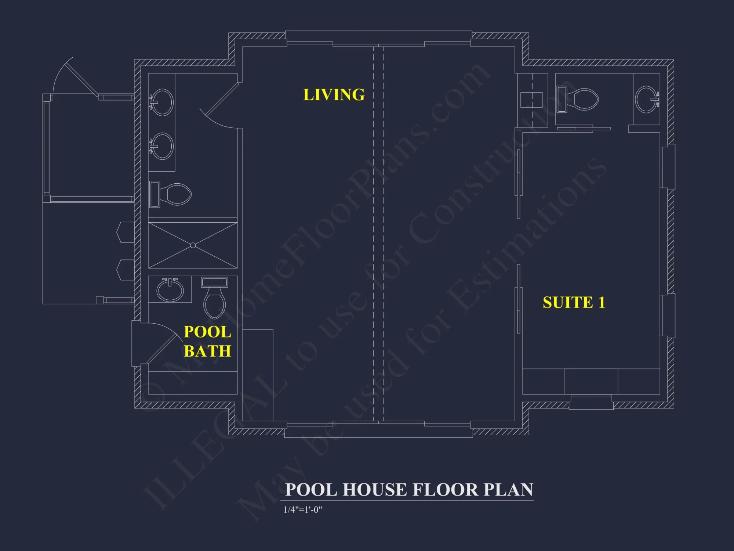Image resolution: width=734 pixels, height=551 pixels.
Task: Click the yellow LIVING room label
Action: tap(334, 95)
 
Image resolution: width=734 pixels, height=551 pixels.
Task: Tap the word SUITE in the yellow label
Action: tap(568, 303)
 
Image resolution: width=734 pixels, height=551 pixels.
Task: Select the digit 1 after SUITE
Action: tap(602, 303)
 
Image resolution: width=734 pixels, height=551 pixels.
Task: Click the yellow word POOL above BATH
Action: tap(207, 332)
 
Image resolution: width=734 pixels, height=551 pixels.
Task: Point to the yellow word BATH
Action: tap(207, 351)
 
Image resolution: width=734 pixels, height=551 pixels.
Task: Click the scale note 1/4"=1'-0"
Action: tap(303, 509)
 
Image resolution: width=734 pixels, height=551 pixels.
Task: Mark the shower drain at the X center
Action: tap(193, 245)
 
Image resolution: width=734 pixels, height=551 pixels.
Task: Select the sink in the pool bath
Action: tap(170, 290)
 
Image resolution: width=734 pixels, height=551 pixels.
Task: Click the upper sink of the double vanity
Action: tap(162, 102)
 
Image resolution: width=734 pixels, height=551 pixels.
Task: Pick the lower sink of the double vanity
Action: tap(162, 146)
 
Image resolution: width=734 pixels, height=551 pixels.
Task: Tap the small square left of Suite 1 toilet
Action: tap(531, 100)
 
